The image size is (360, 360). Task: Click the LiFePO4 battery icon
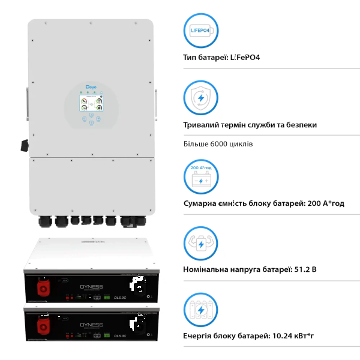click(200, 29)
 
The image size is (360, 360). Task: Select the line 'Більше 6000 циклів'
click(218, 144)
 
